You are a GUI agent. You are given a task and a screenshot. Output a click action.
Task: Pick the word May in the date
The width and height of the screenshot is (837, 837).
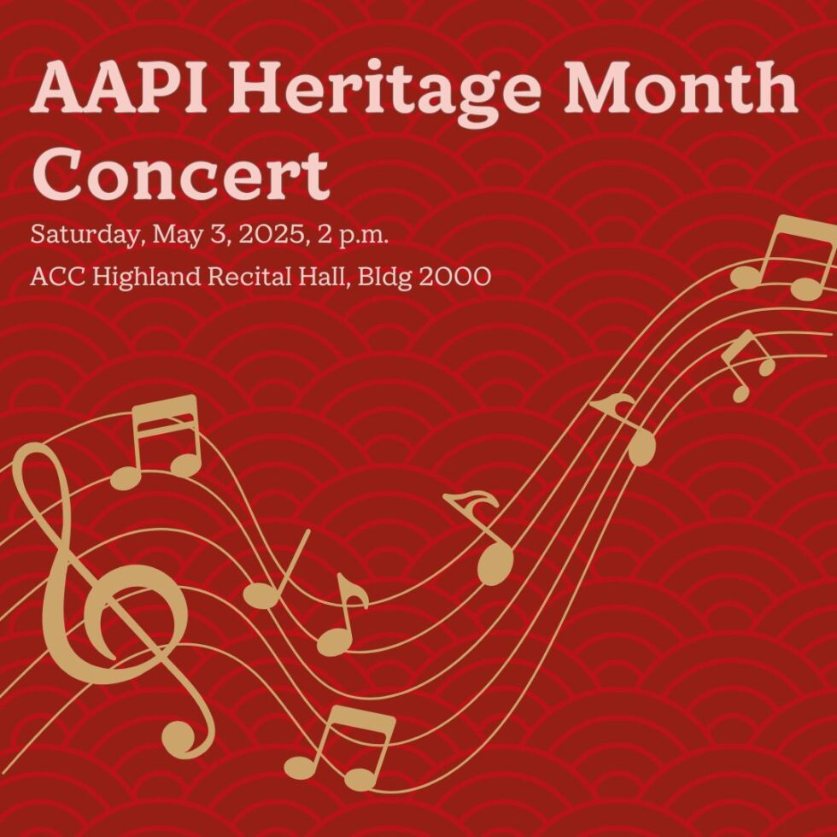coord(174,237)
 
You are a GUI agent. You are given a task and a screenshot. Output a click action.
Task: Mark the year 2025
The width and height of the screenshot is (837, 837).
coord(261,235)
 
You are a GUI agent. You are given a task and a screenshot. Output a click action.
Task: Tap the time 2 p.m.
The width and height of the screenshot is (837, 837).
coord(353,237)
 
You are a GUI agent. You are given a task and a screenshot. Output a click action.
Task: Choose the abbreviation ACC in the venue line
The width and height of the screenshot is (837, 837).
coord(53,277)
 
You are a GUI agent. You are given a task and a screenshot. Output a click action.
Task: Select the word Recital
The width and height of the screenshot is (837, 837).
coord(243,277)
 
